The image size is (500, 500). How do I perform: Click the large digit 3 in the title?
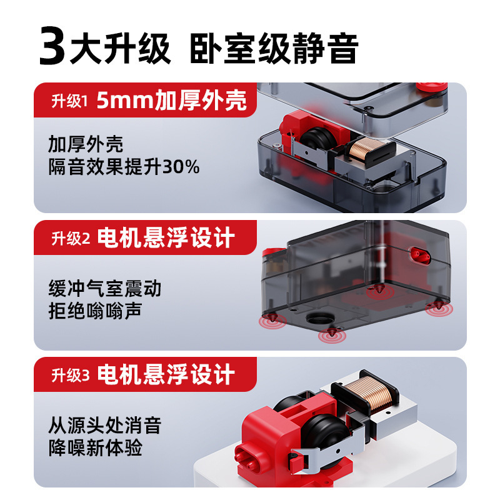(x=52, y=46)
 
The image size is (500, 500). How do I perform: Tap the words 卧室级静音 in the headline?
(x=274, y=48)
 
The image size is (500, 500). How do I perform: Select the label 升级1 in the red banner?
(x=69, y=101)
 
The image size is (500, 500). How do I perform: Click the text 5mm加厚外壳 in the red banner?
(x=171, y=100)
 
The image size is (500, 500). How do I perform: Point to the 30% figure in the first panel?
(x=181, y=167)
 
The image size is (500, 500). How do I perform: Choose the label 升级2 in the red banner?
(x=71, y=238)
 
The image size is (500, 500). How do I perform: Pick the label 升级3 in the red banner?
(x=71, y=375)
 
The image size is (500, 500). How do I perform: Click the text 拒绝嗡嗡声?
(x=95, y=311)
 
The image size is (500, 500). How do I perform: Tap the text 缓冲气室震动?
(x=104, y=288)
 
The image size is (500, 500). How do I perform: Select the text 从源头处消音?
(x=104, y=426)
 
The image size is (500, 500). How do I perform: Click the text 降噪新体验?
(x=95, y=447)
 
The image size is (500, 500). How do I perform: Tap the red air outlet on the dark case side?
(x=420, y=256)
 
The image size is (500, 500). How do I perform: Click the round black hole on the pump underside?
(x=319, y=317)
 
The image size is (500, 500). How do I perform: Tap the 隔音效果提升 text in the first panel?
(x=105, y=167)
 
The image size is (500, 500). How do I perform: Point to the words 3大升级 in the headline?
(x=105, y=46)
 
